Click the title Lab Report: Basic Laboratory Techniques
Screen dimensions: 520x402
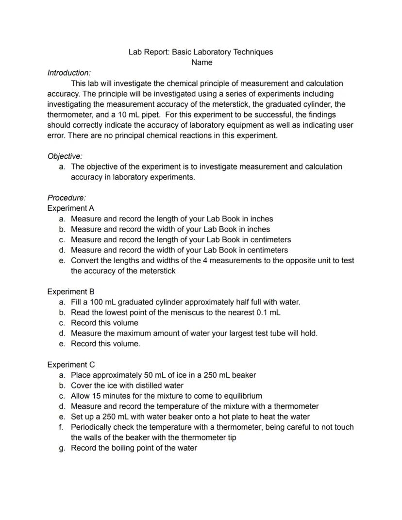pos(201,52)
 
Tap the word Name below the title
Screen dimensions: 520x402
pos(201,63)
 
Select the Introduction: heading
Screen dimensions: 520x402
pos(69,73)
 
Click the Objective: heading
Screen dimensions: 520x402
pos(65,156)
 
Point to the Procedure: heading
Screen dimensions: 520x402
pos(67,198)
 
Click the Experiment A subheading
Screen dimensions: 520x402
pos(70,208)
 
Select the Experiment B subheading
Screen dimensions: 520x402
pos(70,292)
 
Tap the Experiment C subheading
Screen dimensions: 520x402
pos(71,365)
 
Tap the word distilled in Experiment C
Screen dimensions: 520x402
pos(132,386)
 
